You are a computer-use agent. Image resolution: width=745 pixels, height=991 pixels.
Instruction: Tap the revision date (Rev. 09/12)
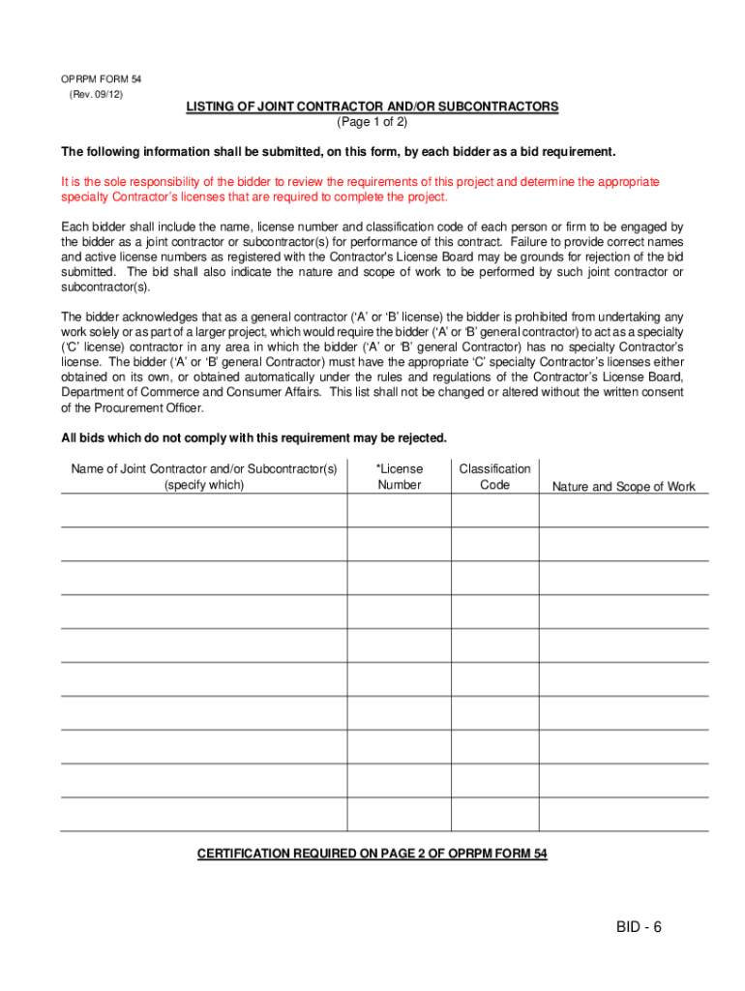(x=96, y=94)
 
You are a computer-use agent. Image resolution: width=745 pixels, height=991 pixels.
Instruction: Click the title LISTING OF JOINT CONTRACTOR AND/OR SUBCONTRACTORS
(x=372, y=106)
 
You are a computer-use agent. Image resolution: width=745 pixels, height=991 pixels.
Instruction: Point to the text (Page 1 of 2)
(x=372, y=122)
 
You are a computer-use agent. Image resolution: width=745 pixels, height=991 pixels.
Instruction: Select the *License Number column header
(x=400, y=476)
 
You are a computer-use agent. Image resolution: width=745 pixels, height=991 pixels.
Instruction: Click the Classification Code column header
(x=494, y=476)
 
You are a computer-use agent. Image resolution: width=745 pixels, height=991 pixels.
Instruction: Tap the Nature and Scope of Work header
(x=623, y=487)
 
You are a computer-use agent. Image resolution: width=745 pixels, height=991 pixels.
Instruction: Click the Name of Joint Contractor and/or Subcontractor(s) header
(x=204, y=476)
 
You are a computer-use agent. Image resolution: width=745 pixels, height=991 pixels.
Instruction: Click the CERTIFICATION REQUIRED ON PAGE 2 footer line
(x=372, y=854)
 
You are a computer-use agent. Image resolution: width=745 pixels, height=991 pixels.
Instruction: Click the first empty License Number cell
(x=400, y=511)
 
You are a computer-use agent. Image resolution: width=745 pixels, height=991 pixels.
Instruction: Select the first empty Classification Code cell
(x=494, y=511)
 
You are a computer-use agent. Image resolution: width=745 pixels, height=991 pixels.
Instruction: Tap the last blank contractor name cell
(x=204, y=814)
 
